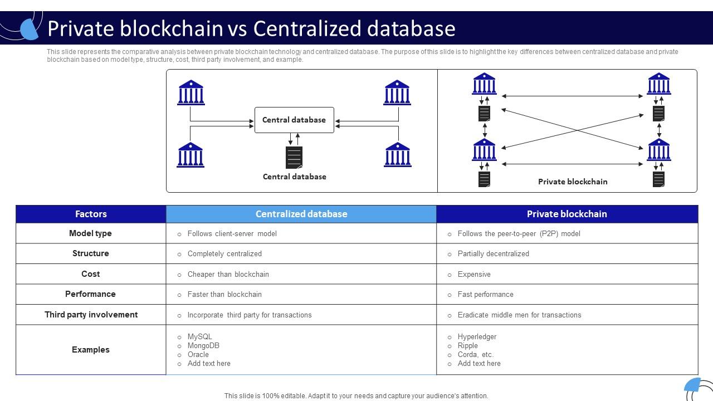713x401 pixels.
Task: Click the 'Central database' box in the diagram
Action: pyautogui.click(x=294, y=120)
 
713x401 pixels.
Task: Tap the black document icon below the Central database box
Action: pyautogui.click(x=294, y=158)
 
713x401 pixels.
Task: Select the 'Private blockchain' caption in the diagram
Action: pyautogui.click(x=572, y=182)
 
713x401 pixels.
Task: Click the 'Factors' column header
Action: pyautogui.click(x=91, y=214)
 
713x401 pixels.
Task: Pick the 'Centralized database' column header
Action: pyautogui.click(x=301, y=214)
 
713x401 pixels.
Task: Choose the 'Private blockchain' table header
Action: pyautogui.click(x=567, y=214)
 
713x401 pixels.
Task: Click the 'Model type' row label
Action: pyautogui.click(x=90, y=233)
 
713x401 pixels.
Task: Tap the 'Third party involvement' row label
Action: pyautogui.click(x=91, y=315)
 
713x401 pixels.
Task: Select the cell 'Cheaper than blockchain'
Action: pyautogui.click(x=228, y=274)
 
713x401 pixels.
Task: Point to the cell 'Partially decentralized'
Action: pyautogui.click(x=493, y=253)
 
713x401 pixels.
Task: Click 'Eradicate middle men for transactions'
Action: pyautogui.click(x=519, y=315)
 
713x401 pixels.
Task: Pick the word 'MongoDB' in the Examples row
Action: pyautogui.click(x=203, y=345)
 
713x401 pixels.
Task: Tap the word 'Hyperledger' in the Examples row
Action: pyautogui.click(x=477, y=336)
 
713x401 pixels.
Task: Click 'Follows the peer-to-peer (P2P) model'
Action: pyautogui.click(x=519, y=233)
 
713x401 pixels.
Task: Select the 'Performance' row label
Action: pyautogui.click(x=90, y=294)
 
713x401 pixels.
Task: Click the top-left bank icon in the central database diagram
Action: pyautogui.click(x=191, y=92)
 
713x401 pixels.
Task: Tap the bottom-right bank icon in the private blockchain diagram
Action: pyautogui.click(x=659, y=150)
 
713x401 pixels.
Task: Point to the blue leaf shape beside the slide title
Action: pyautogui.click(x=29, y=28)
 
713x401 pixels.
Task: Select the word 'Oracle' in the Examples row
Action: pyautogui.click(x=198, y=354)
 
